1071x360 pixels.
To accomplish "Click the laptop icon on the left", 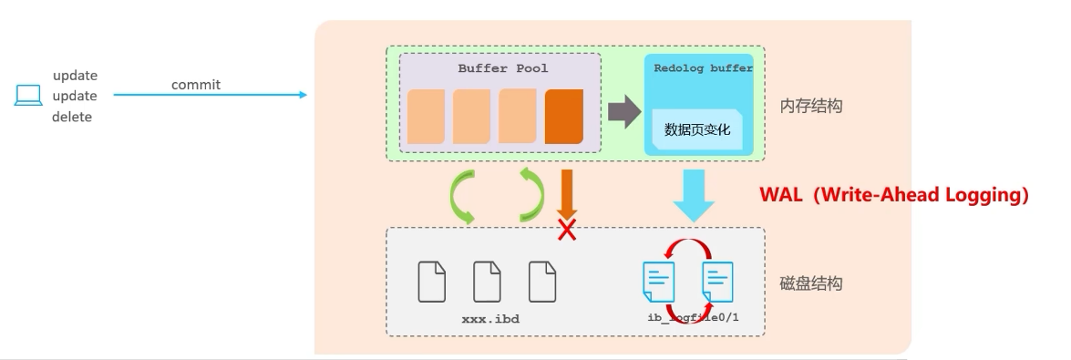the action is (x=28, y=95).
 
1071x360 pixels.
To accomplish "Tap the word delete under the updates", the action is (x=72, y=117).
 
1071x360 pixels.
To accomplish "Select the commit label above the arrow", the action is (x=196, y=85).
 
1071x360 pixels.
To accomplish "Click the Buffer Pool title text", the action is (x=503, y=68).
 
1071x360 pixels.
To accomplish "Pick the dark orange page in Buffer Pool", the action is (x=564, y=116).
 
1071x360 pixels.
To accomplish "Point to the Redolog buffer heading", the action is (x=703, y=68).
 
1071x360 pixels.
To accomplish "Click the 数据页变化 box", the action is (x=697, y=129).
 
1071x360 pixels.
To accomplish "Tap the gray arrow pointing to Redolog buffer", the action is (x=624, y=111).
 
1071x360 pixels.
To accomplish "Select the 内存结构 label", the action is (x=810, y=106).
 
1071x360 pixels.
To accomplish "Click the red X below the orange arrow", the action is (x=567, y=231).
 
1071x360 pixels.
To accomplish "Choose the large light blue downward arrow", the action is (x=694, y=195).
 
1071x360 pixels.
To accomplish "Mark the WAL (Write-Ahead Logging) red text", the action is (x=894, y=195).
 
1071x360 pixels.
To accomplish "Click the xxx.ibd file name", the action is (x=490, y=319).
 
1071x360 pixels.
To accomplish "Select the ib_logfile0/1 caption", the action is (x=694, y=318).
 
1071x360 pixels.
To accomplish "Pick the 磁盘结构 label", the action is (x=810, y=283).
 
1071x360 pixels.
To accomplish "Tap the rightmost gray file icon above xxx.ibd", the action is (x=542, y=282).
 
